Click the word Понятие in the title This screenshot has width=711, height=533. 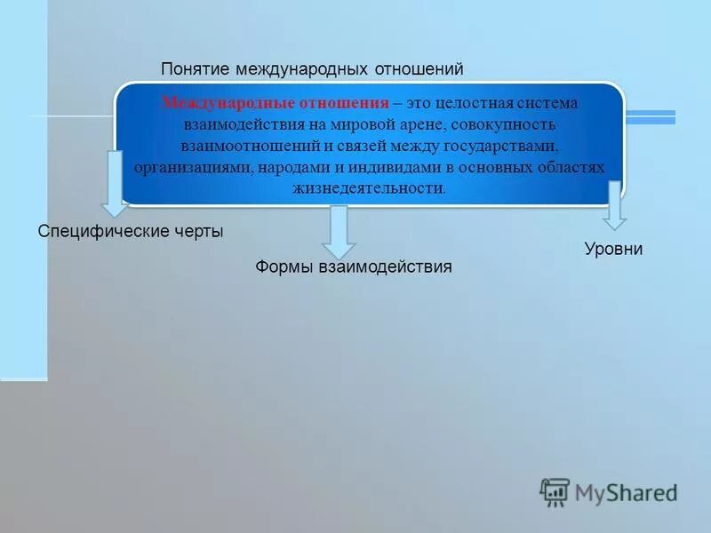coord(190,69)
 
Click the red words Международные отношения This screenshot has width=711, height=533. coord(276,103)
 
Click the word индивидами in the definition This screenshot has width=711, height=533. coord(391,167)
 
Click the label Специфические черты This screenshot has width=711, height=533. coord(131,231)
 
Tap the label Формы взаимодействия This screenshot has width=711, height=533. coord(354,266)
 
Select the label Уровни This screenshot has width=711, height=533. coord(613,250)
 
